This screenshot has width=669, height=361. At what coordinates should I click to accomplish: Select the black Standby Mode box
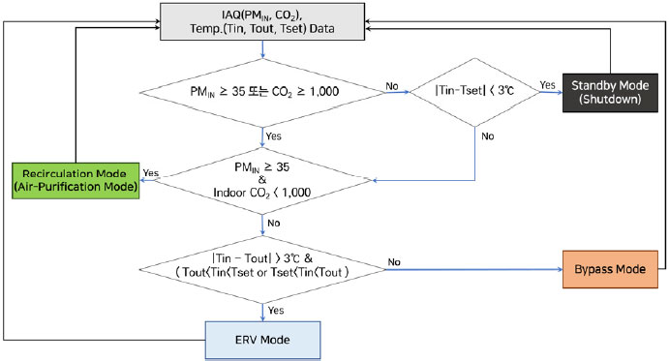tap(611, 92)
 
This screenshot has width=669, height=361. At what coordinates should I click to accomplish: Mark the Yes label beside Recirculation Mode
tap(151, 172)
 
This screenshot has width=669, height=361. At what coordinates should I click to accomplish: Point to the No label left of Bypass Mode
tap(395, 261)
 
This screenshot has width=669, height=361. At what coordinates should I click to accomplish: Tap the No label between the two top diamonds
tap(391, 86)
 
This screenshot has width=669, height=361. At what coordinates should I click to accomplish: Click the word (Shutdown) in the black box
tap(611, 100)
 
